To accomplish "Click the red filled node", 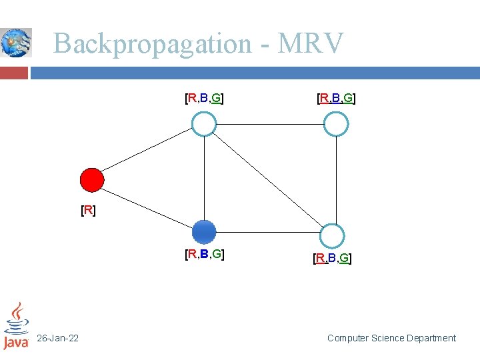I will coord(92,180).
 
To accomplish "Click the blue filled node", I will coord(204,232).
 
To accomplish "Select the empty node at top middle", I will coord(204,124).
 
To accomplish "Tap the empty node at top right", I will coord(336,124).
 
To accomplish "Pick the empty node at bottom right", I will coord(332,236).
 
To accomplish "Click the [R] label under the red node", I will coord(88,211).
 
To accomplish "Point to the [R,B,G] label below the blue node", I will coord(204,254).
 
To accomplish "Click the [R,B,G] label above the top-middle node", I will coord(204,99).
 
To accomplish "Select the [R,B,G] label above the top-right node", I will coord(336,99).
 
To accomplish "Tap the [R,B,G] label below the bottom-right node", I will coord(332,258).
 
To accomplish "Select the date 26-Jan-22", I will coord(57,339).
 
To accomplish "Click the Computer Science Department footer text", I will coord(391,339).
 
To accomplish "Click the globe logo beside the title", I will coord(16,43).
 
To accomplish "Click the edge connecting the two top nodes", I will coord(270,124).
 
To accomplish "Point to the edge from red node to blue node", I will coord(148,206).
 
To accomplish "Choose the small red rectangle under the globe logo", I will coord(14,72).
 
